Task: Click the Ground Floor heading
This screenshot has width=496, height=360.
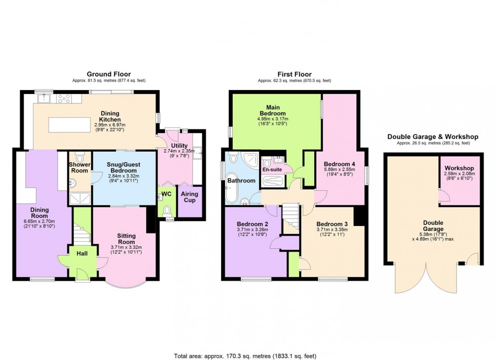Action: pos(107,74)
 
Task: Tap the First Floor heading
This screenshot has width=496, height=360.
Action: pos(294,74)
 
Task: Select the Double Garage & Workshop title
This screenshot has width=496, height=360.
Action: pos(433,137)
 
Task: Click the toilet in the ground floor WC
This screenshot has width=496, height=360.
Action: pos(168,210)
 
